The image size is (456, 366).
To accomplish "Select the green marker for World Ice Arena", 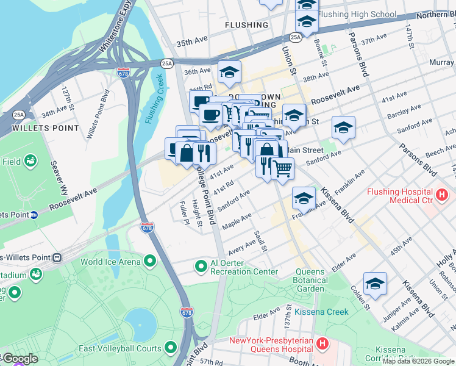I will (x=149, y=262).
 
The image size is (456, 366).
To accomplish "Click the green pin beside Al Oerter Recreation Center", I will (x=201, y=267).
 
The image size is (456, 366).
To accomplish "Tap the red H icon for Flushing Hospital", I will (x=442, y=196).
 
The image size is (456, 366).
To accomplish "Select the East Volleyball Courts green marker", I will (x=171, y=348).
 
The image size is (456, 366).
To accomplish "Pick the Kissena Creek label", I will (x=321, y=312).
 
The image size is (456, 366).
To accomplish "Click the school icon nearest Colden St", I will (x=375, y=284).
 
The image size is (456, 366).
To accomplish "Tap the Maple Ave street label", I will (x=237, y=221).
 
